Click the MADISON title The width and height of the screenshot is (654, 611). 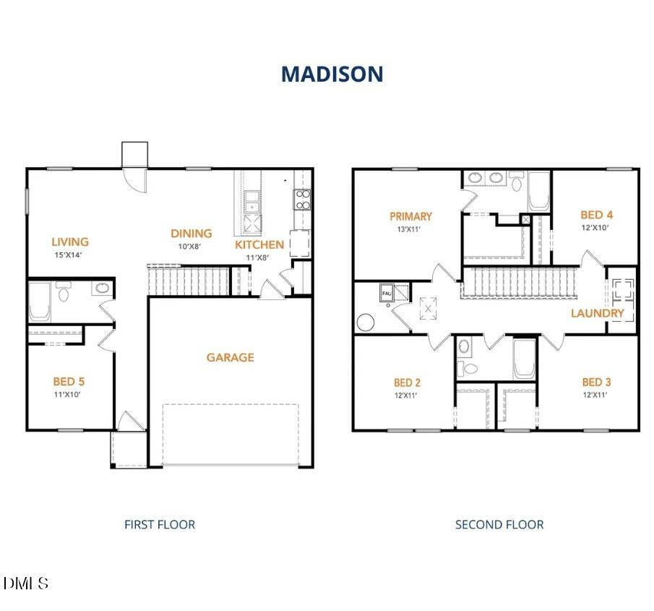tap(332, 74)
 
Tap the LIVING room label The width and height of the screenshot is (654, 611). tap(70, 242)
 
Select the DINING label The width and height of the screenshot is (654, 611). tap(192, 233)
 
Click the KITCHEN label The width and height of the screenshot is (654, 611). tap(259, 244)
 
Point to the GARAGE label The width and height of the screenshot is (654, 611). tap(231, 357)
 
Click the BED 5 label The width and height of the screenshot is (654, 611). tap(69, 381)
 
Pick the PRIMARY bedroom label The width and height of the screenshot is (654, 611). tap(410, 216)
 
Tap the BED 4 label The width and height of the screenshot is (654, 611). tap(597, 215)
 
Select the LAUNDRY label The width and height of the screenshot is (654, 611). tap(598, 313)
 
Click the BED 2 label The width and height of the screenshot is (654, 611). tap(408, 383)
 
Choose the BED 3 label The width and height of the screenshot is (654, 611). tap(596, 382)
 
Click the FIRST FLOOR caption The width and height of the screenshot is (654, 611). tap(160, 524)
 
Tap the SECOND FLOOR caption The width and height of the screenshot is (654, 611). tap(499, 524)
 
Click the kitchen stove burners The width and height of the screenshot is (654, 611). tap(302, 199)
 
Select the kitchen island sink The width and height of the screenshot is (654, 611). tap(252, 198)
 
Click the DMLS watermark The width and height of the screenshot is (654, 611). tap(27, 583)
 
